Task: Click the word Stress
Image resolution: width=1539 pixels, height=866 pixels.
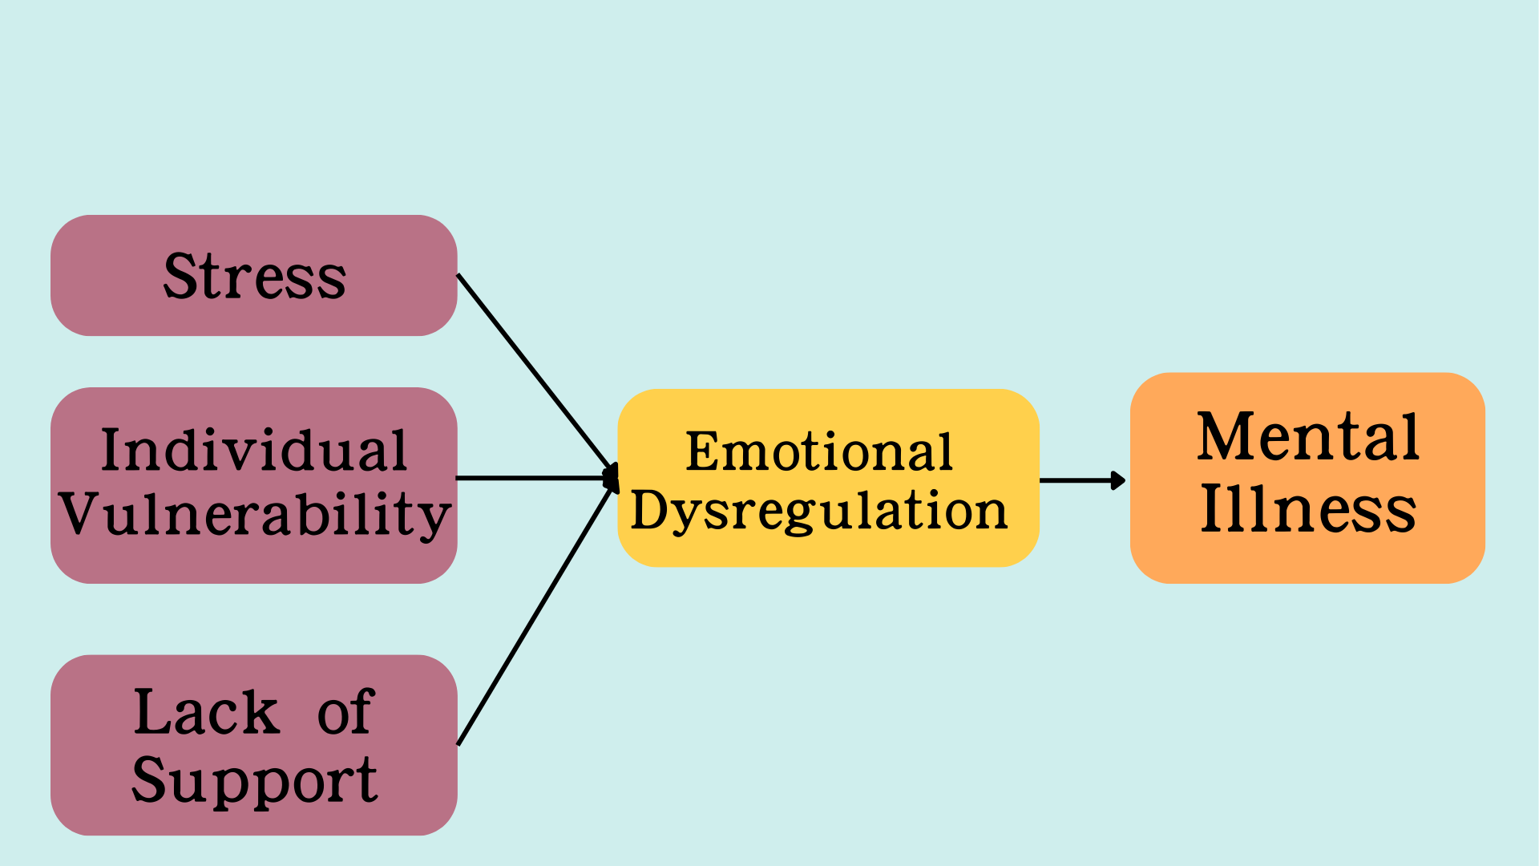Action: tap(255, 277)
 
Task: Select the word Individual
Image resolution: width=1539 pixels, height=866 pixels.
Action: tap(254, 451)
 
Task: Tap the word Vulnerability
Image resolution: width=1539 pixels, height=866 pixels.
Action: tap(255, 515)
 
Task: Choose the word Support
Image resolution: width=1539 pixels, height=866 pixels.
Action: tap(255, 779)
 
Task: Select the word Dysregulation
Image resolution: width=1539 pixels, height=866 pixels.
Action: tap(819, 511)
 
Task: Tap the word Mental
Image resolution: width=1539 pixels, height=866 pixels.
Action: tap(1308, 438)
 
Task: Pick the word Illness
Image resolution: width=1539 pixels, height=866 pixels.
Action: tap(1308, 509)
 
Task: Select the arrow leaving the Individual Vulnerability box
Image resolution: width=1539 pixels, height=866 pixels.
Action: tap(533, 478)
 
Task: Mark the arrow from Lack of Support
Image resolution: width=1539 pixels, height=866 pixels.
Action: tap(533, 616)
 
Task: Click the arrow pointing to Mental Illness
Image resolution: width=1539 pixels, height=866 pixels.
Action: tap(1078, 480)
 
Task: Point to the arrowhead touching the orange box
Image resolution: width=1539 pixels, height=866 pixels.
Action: tap(1118, 480)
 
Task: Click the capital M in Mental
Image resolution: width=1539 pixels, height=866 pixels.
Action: tap(1223, 438)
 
